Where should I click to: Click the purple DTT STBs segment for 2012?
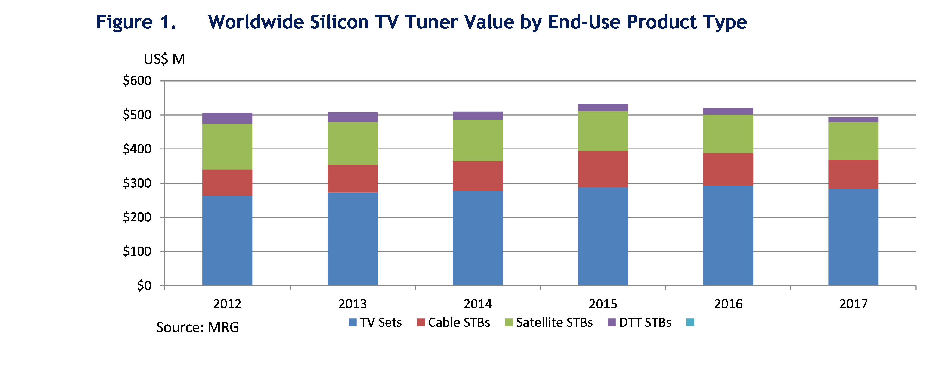[227, 118]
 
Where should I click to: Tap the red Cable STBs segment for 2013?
[352, 179]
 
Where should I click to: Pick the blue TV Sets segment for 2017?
[853, 237]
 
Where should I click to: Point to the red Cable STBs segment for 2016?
[728, 169]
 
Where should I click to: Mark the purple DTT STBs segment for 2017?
[853, 120]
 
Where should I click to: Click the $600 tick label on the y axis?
[137, 81]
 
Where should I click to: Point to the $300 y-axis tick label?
[137, 183]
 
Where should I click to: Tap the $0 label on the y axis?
[144, 285]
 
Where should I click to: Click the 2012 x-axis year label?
[227, 304]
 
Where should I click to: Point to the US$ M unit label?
[164, 59]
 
